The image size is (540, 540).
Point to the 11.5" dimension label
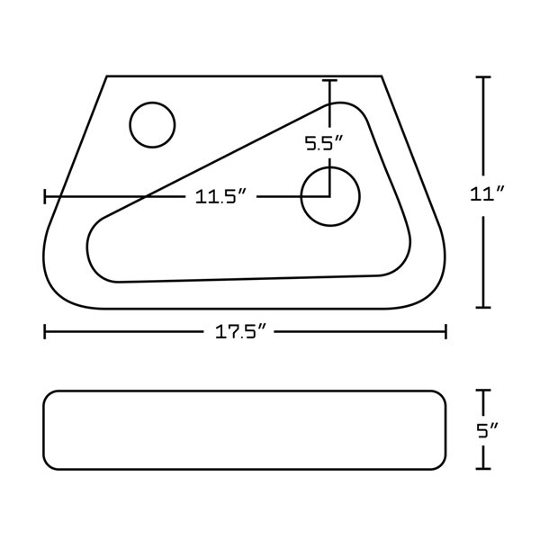pyautogui.click(x=221, y=197)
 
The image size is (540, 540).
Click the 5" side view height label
pyautogui.click(x=487, y=430)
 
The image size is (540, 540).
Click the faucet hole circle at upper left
pyautogui.click(x=152, y=125)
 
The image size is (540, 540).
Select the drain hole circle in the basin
pyautogui.click(x=330, y=196)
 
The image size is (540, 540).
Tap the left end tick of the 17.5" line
pyautogui.click(x=45, y=332)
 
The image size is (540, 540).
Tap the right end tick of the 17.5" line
pyautogui.click(x=446, y=332)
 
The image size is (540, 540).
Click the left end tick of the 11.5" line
pyautogui.click(x=45, y=197)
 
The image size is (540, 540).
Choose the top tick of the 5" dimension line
pyautogui.click(x=484, y=391)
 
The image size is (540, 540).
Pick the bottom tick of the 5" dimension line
pyautogui.click(x=484, y=468)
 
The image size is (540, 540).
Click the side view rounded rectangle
pyautogui.click(x=246, y=429)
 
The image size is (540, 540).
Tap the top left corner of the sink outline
pyautogui.click(x=107, y=76)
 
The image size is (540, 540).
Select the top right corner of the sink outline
pyautogui.click(x=382, y=76)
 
